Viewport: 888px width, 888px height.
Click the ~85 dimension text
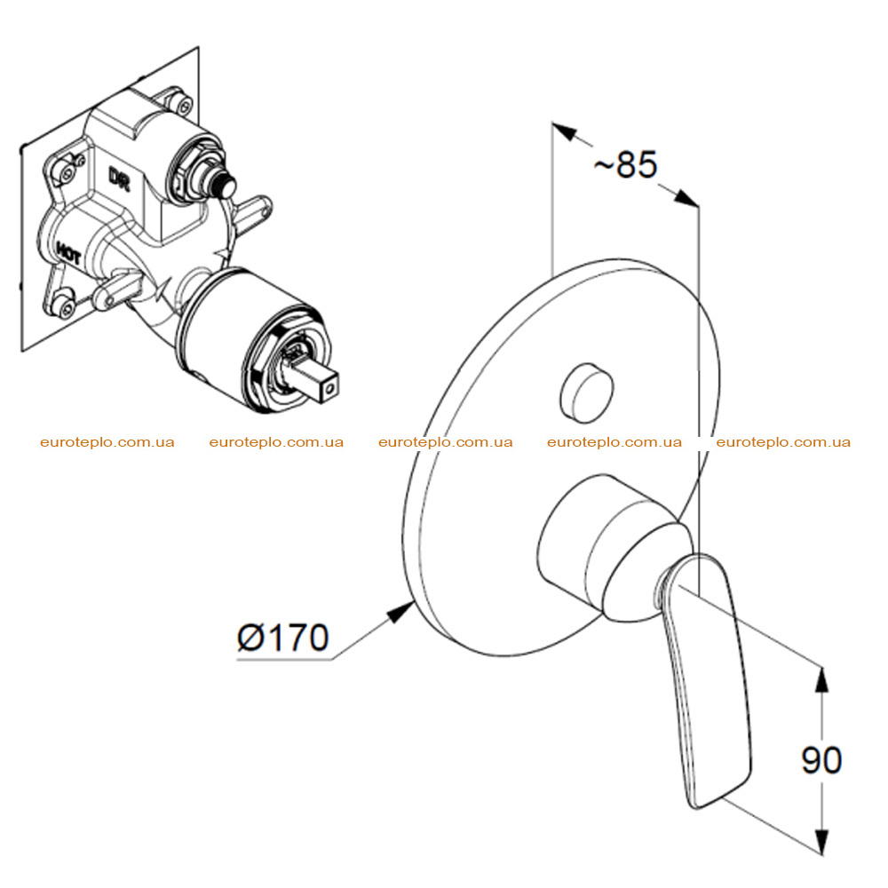click(x=625, y=164)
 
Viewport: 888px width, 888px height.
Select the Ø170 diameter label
click(x=283, y=638)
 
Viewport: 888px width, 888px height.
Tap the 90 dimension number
click(x=821, y=760)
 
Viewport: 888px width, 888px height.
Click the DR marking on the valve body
click(x=120, y=178)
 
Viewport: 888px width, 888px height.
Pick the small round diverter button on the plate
click(x=586, y=392)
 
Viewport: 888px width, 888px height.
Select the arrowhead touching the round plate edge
click(x=401, y=612)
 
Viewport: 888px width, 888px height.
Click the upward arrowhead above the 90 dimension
click(x=821, y=679)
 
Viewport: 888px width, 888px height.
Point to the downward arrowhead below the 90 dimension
click(x=821, y=841)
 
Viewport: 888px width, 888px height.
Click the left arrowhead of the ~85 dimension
click(x=565, y=132)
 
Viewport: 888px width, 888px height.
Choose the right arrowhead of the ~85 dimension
click(x=686, y=197)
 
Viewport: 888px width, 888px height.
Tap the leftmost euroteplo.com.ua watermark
click(x=107, y=442)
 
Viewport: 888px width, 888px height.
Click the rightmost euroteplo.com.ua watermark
click(x=783, y=442)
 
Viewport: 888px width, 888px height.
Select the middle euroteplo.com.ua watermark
click(x=445, y=442)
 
